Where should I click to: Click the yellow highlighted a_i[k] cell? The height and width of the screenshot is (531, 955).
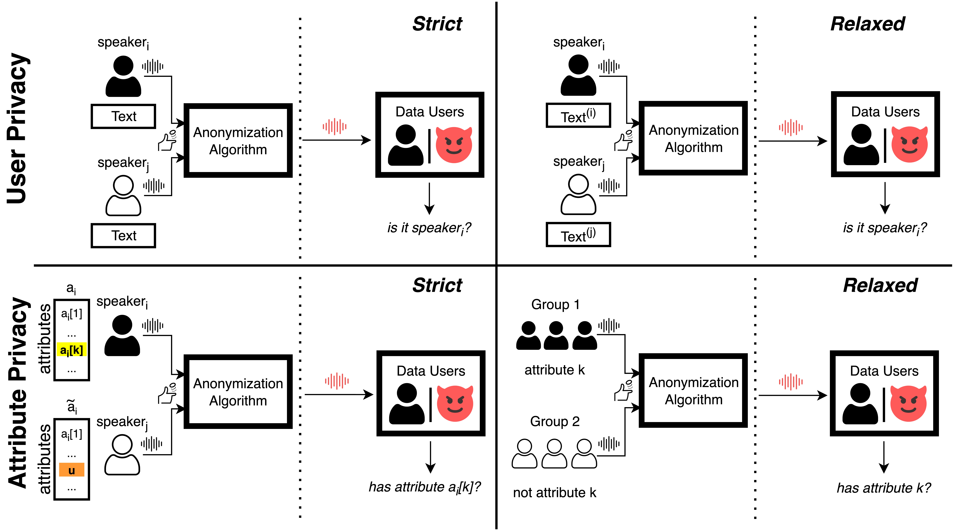click(x=72, y=350)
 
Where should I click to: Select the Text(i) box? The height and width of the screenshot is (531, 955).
click(x=578, y=115)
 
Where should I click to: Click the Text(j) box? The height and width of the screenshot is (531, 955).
click(x=578, y=235)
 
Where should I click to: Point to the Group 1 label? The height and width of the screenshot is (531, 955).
click(x=555, y=304)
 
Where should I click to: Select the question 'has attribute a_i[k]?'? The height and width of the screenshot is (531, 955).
click(x=424, y=487)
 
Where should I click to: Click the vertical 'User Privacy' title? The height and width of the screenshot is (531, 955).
click(x=18, y=128)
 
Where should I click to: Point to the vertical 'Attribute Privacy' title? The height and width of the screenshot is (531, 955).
click(x=18, y=392)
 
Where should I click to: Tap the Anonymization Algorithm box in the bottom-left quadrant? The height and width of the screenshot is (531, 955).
click(x=238, y=392)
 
